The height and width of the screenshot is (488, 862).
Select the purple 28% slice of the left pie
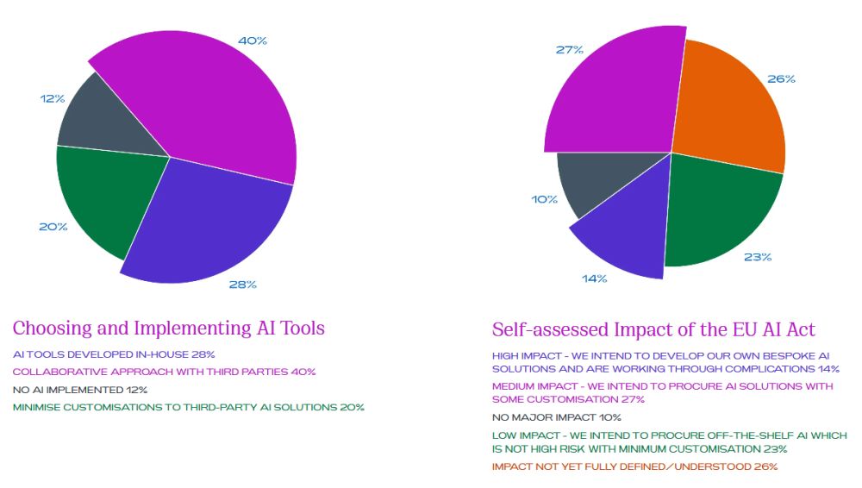215,220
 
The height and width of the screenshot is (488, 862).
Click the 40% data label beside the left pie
252,41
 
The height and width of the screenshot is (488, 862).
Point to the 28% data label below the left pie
242,285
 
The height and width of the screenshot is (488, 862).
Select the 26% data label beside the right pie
781,79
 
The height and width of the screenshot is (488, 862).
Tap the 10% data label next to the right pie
544,199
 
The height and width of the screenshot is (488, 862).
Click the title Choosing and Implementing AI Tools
169,328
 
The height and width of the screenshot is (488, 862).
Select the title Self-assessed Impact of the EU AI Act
653,330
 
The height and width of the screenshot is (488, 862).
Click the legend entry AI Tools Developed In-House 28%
114,354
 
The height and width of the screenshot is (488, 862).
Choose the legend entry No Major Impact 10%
556,417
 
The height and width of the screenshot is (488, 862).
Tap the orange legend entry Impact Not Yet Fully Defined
634,466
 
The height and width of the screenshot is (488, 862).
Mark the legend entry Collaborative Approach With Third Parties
164,372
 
